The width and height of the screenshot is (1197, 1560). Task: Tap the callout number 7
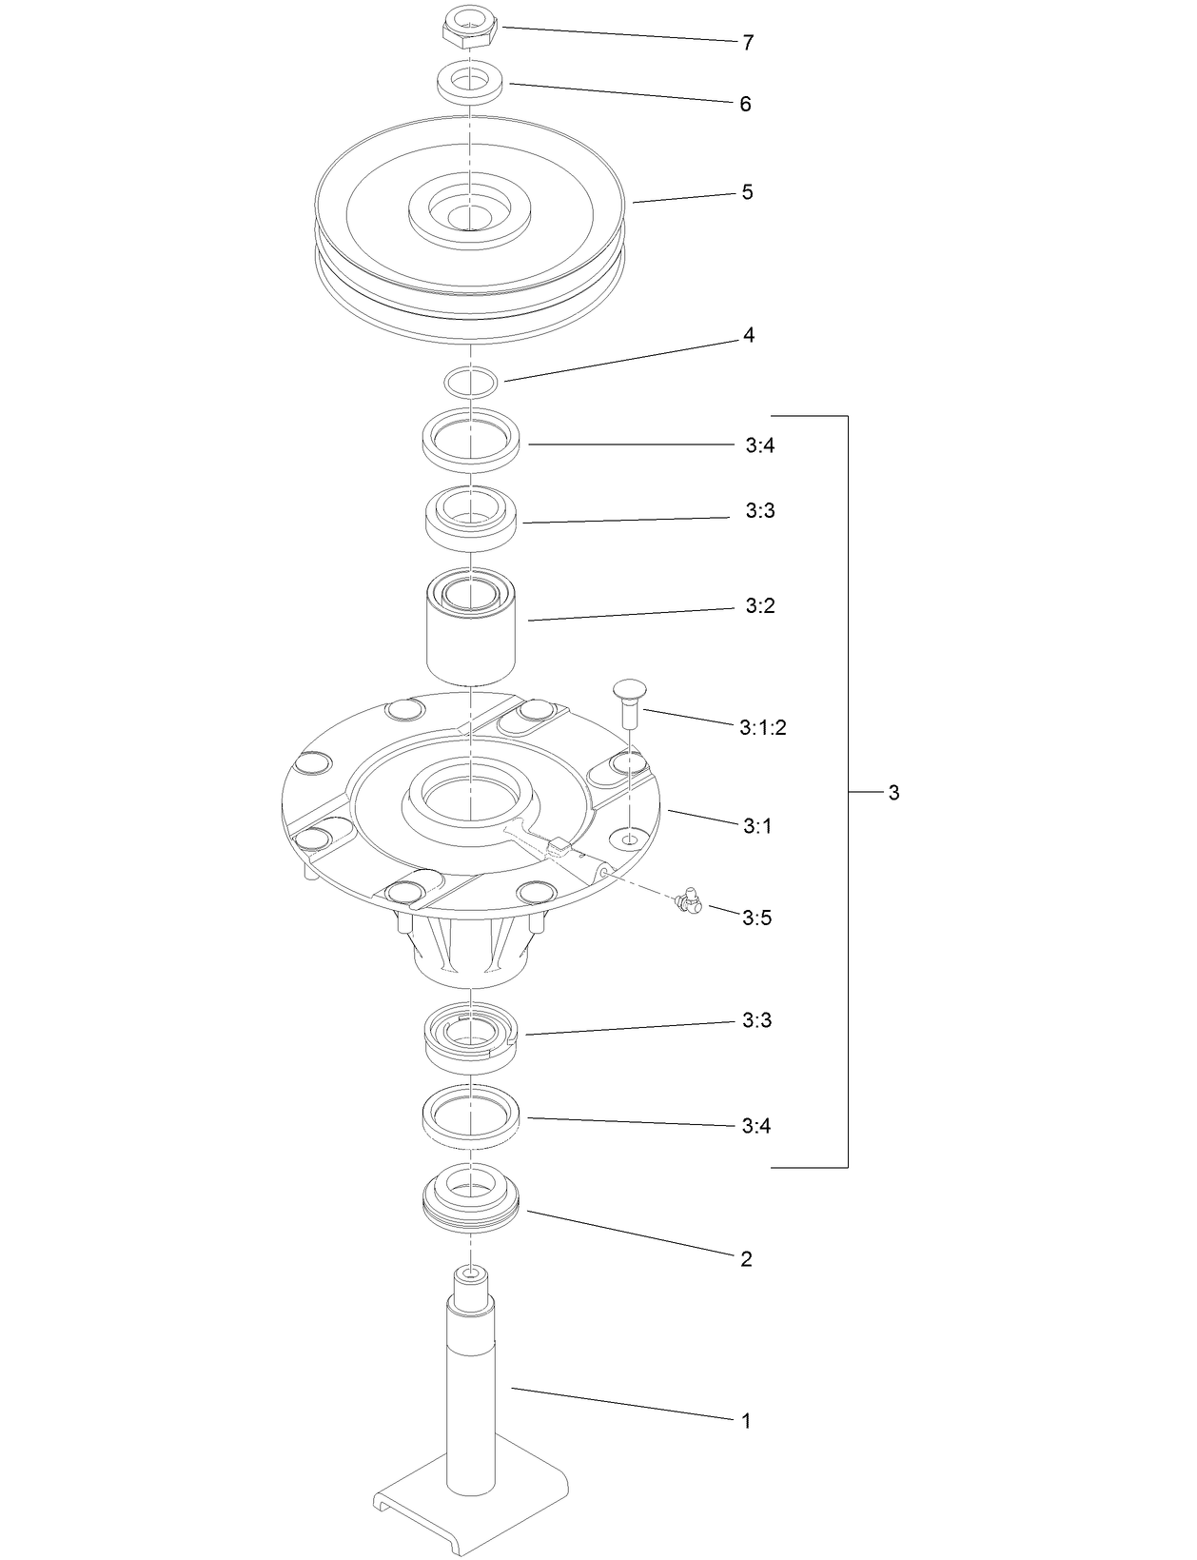748,43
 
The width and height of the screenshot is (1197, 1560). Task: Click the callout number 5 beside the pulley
747,192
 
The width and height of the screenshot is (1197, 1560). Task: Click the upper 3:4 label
759,445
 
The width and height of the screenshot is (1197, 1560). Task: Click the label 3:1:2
762,728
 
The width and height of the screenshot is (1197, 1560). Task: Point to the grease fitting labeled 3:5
686,899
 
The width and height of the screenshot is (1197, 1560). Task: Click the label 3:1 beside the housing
756,826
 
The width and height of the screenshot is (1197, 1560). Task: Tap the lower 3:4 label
755,1127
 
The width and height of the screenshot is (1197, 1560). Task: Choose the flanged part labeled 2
470,1201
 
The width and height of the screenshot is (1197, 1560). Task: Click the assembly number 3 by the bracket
893,793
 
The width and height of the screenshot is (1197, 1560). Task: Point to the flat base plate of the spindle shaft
470,1513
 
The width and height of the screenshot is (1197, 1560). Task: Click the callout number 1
746,1421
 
